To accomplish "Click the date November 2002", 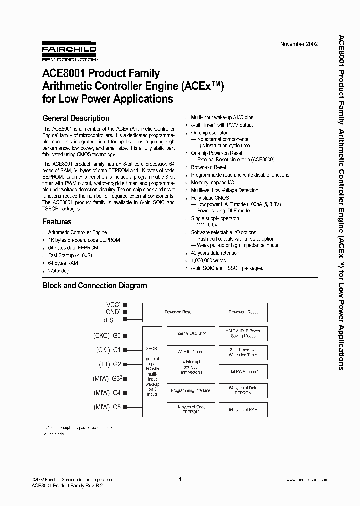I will coord(299,44).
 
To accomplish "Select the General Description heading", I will coord(76,118).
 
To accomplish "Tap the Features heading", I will coord(57,222).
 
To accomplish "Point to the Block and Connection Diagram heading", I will coord(94,286).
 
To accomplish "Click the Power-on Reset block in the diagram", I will coord(178,312).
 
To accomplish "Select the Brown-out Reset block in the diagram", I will coord(243,312).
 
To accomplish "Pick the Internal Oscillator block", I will coord(190,333).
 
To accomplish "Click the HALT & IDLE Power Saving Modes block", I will coord(243,333).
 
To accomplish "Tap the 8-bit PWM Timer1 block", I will coord(243,372).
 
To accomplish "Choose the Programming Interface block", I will coord(190,390).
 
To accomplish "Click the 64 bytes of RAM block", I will coord(243,409).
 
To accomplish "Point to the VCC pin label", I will coord(114,304).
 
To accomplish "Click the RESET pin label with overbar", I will coord(111,320).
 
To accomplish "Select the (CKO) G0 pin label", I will coord(107,337).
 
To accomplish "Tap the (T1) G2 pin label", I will coord(108,365).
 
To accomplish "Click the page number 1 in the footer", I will coord(179,479).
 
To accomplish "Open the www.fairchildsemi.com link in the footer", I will coord(307,480).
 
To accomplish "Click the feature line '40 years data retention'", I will coord(215,253).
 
